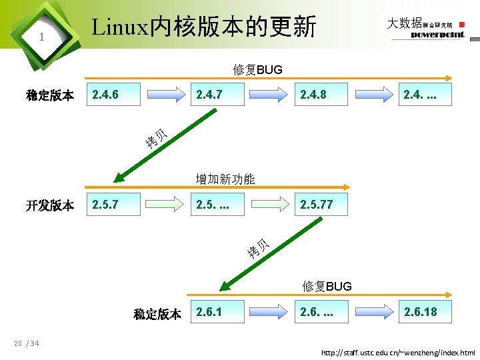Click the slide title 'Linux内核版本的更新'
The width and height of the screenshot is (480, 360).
203,27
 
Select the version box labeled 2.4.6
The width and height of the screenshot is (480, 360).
114,95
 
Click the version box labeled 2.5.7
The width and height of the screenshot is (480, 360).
114,204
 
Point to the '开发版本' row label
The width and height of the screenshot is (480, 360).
50,205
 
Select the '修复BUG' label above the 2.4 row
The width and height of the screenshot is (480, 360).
258,69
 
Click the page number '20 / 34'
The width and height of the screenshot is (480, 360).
26,344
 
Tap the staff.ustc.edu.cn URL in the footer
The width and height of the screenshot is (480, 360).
398,352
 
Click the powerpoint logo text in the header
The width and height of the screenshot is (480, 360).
437,35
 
